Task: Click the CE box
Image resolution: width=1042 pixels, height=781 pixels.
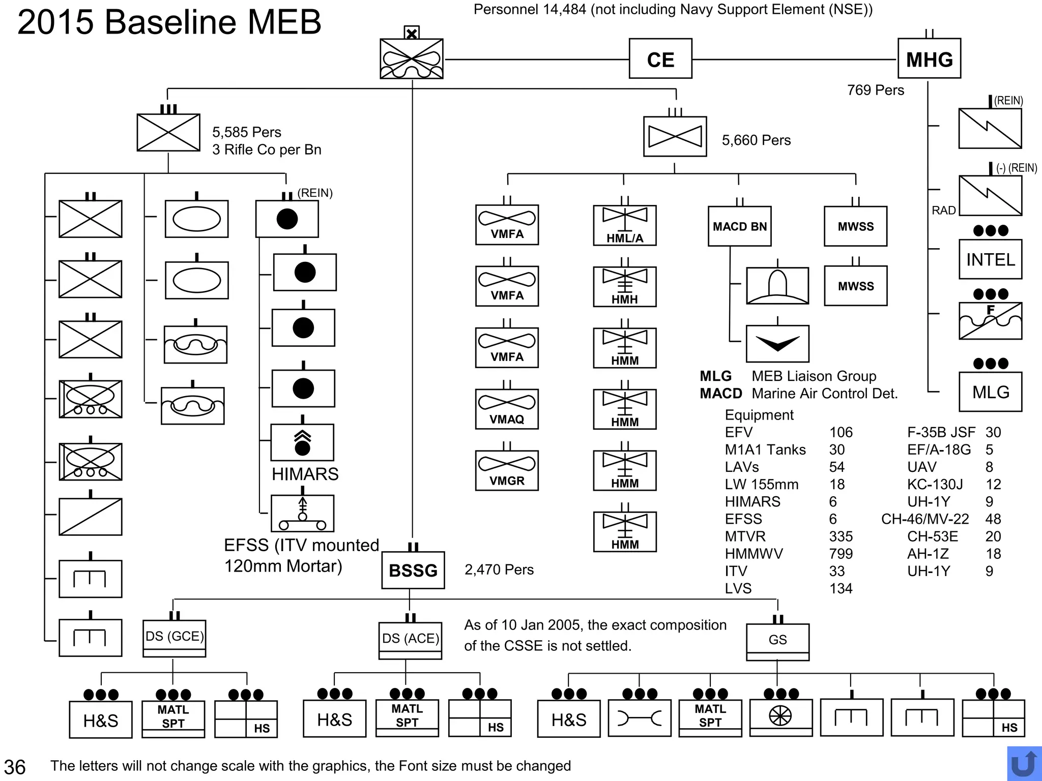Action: pyautogui.click(x=660, y=59)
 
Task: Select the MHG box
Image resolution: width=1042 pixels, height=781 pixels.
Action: pyautogui.click(x=929, y=59)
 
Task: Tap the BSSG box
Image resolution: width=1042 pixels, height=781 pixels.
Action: pyautogui.click(x=413, y=570)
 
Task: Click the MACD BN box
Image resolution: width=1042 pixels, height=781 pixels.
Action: pyautogui.click(x=739, y=226)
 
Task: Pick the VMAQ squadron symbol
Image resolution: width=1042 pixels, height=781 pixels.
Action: pyautogui.click(x=507, y=409)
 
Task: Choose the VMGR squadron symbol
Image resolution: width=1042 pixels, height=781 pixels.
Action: pyautogui.click(x=507, y=470)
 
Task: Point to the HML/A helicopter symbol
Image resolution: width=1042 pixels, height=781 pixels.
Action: pyautogui.click(x=625, y=225)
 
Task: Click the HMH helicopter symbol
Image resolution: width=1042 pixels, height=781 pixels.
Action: pyautogui.click(x=625, y=287)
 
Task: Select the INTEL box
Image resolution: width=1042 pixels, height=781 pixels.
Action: pyautogui.click(x=990, y=260)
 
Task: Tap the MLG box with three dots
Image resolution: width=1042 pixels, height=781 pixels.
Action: pyautogui.click(x=990, y=392)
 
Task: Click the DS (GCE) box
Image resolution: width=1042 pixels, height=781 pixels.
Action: pyautogui.click(x=175, y=638)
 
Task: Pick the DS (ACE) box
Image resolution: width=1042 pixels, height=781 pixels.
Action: pyautogui.click(x=410, y=640)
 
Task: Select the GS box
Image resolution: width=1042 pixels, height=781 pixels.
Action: pyautogui.click(x=777, y=642)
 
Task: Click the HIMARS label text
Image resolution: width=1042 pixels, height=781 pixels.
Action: pyautogui.click(x=305, y=474)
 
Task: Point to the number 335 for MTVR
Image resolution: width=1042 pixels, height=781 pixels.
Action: pyautogui.click(x=841, y=536)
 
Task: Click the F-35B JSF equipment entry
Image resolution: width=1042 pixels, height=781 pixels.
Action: pyautogui.click(x=941, y=432)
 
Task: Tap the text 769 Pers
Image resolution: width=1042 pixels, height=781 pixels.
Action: pyautogui.click(x=875, y=90)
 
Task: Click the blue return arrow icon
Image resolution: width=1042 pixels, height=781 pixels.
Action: pyautogui.click(x=1023, y=763)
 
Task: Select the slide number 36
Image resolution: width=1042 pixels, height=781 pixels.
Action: pyautogui.click(x=15, y=767)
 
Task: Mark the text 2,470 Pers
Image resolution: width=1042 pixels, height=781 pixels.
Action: pyautogui.click(x=499, y=569)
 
